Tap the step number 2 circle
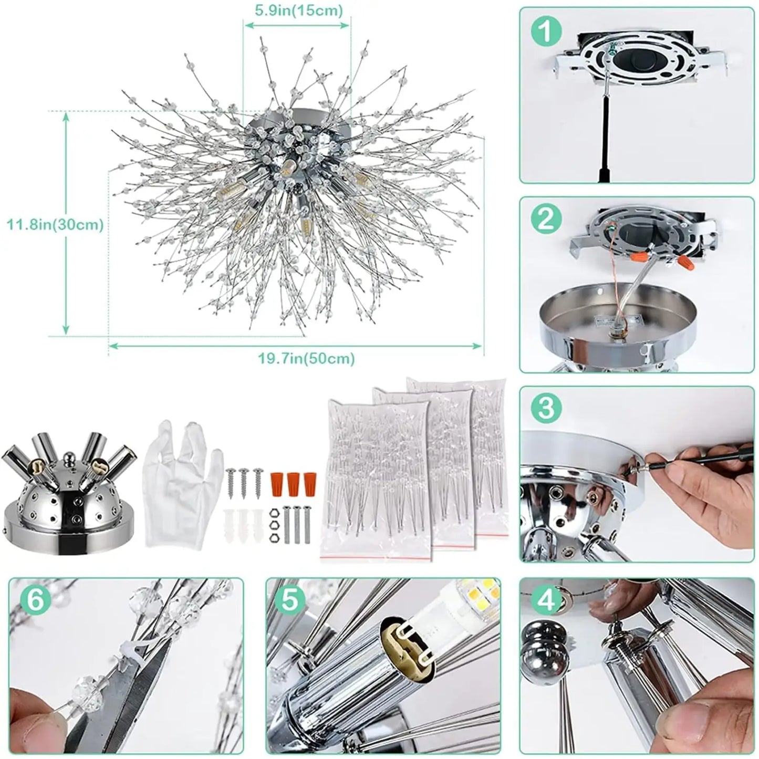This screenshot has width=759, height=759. click(x=546, y=219)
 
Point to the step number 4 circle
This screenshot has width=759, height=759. click(x=546, y=599)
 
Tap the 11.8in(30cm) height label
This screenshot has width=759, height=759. click(x=55, y=225)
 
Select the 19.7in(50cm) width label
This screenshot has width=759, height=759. click(x=306, y=359)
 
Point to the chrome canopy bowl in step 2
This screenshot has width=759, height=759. click(x=617, y=325)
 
